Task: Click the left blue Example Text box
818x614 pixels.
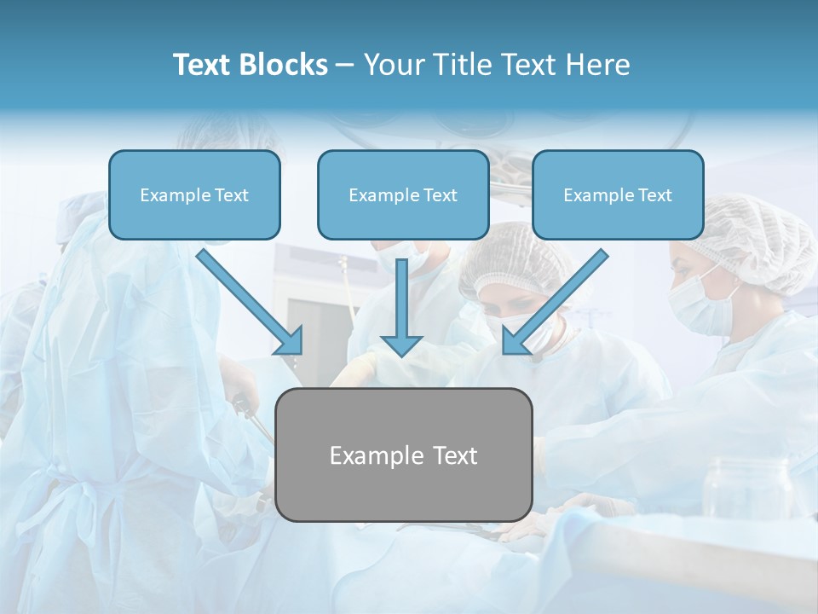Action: click(194, 194)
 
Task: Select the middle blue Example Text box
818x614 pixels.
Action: click(403, 194)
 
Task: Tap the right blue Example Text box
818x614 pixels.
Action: click(618, 194)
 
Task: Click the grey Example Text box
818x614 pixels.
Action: click(403, 455)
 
